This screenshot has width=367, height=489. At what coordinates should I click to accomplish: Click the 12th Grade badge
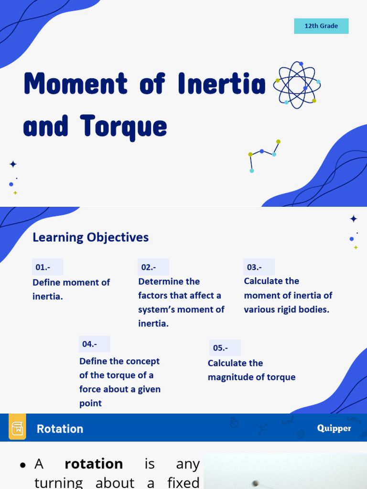pyautogui.click(x=321, y=26)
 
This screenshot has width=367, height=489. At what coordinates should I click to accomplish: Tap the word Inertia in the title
pyautogui.click(x=221, y=84)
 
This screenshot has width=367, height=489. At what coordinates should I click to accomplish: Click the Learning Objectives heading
pyautogui.click(x=90, y=237)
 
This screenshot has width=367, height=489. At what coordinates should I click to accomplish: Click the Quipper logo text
pyautogui.click(x=334, y=428)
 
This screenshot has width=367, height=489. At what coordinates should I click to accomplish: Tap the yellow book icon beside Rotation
pyautogui.click(x=17, y=427)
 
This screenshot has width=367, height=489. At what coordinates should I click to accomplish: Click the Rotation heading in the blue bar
pyautogui.click(x=60, y=429)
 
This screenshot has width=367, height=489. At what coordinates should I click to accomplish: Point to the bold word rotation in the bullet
pyautogui.click(x=94, y=464)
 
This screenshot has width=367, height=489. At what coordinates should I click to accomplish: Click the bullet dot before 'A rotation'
pyautogui.click(x=22, y=465)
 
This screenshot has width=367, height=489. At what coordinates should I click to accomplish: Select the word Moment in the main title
pyautogui.click(x=76, y=84)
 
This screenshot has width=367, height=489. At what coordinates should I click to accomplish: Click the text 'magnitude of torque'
pyautogui.click(x=251, y=377)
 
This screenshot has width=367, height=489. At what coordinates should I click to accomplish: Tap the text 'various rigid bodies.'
pyautogui.click(x=286, y=309)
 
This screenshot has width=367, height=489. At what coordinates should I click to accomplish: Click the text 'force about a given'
pyautogui.click(x=119, y=389)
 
